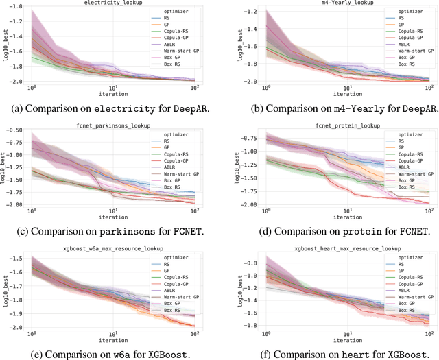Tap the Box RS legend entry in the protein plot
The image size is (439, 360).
(x=391, y=187)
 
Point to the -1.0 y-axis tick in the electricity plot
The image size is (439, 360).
(x=19, y=7)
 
